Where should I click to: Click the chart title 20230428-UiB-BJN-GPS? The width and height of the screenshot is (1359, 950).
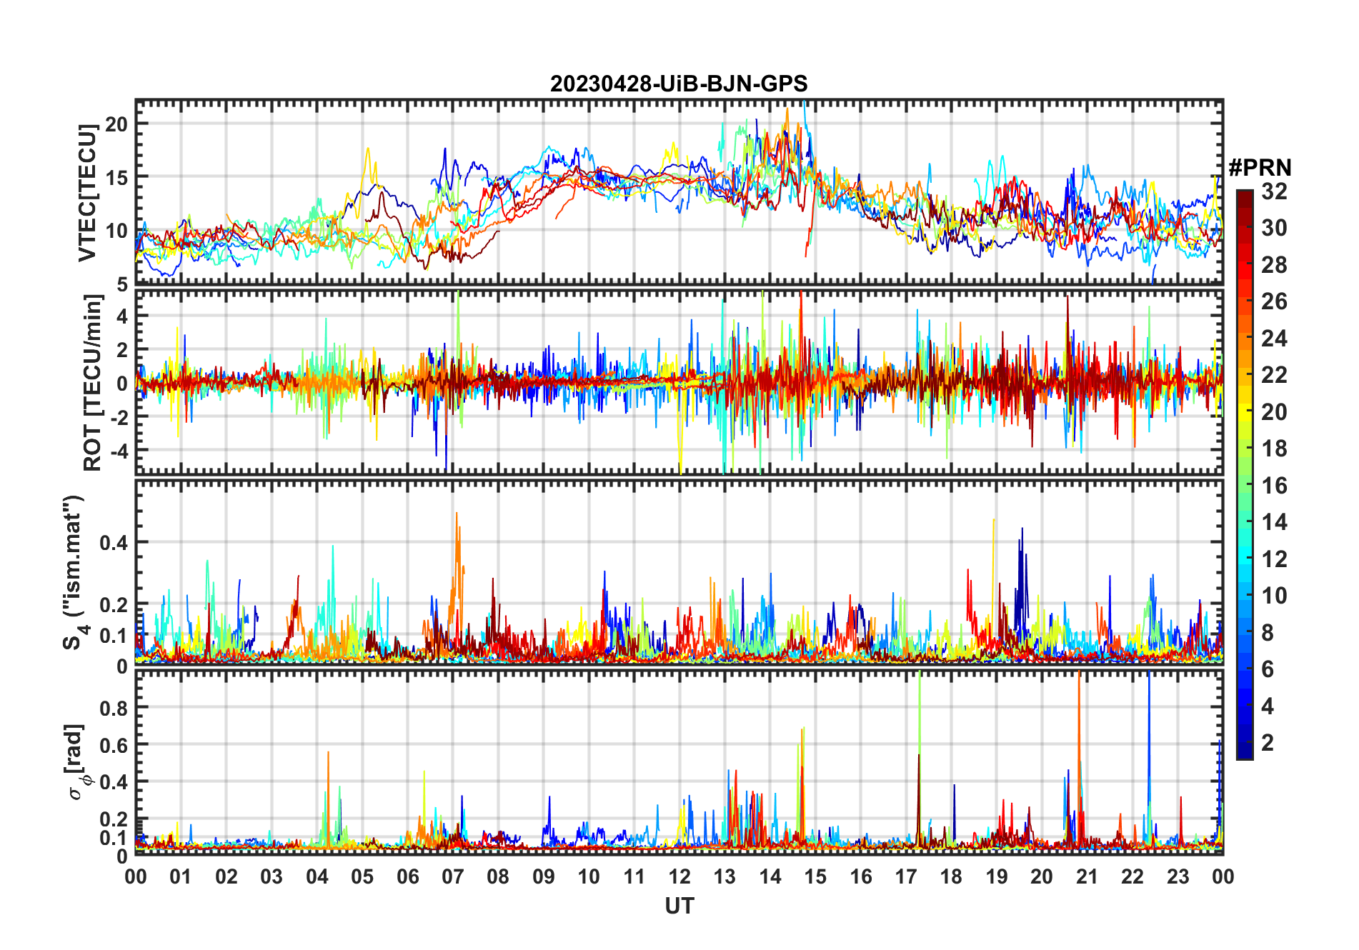click(679, 84)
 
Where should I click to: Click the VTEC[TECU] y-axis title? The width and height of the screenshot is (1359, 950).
click(88, 193)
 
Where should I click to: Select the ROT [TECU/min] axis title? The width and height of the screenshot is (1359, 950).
click(93, 383)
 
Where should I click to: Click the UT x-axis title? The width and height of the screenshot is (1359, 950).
click(679, 906)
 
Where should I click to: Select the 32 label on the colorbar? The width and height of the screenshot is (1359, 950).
click(1274, 191)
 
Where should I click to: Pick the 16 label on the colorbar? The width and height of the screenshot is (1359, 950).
click(1274, 486)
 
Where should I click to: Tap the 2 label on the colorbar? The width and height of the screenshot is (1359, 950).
click(1268, 743)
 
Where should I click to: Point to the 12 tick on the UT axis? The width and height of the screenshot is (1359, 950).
click(679, 876)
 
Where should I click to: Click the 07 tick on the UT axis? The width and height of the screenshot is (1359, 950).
click(453, 876)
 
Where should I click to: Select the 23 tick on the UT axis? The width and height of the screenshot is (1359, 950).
click(1178, 876)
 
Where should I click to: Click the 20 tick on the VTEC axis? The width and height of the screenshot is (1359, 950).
click(116, 124)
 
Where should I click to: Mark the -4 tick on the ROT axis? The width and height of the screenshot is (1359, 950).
click(119, 451)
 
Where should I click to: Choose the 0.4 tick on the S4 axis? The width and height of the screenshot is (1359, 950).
click(114, 542)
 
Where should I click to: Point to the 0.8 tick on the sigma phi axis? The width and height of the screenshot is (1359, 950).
click(114, 708)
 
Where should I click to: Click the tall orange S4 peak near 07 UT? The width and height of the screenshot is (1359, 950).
click(457, 514)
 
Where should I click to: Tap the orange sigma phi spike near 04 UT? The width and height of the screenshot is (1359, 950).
click(328, 752)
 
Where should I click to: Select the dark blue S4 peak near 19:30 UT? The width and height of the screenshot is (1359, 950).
click(1022, 529)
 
